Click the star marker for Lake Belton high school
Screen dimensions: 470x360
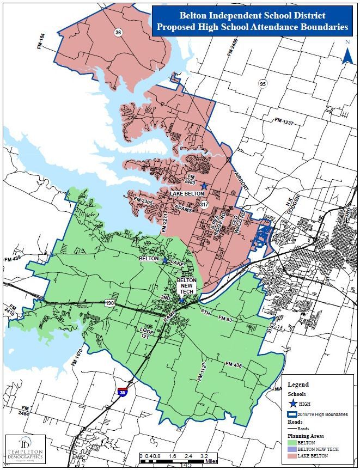pyautogui.click(x=204, y=187)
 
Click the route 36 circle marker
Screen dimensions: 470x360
pyautogui.click(x=118, y=33)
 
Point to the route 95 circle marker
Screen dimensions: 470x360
pyautogui.click(x=263, y=84)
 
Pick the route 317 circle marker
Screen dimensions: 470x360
pyautogui.click(x=204, y=204)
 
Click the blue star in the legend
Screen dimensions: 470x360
pyautogui.click(x=293, y=404)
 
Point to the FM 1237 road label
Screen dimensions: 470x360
pyautogui.click(x=284, y=121)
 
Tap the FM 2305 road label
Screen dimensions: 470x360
pyautogui.click(x=143, y=202)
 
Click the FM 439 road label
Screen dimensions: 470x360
pyautogui.click(x=14, y=259)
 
